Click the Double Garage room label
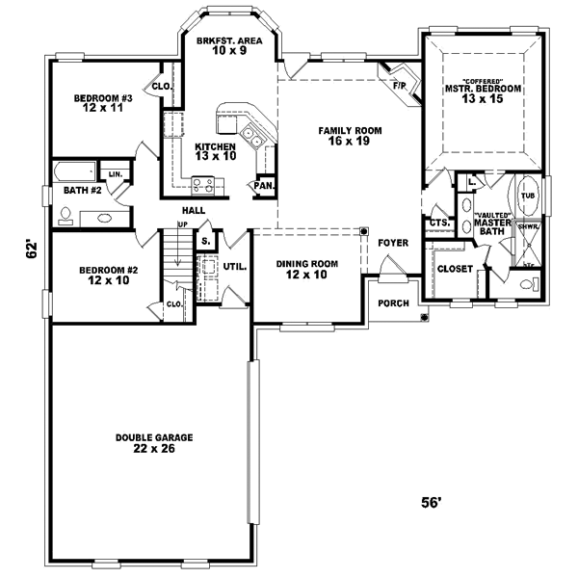pyautogui.click(x=154, y=442)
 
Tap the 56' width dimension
pyautogui.click(x=431, y=502)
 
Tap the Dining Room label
pyautogui.click(x=302, y=269)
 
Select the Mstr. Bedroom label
pyautogui.click(x=482, y=92)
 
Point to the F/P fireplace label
pyautogui.click(x=398, y=85)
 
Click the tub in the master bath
pyautogui.click(x=527, y=196)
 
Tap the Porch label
pyautogui.click(x=393, y=303)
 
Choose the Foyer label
pyautogui.click(x=392, y=243)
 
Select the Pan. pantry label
pyautogui.click(x=261, y=185)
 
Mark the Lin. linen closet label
pyautogui.click(x=115, y=174)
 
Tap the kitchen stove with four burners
pyautogui.click(x=202, y=182)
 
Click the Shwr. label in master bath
pyautogui.click(x=528, y=229)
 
